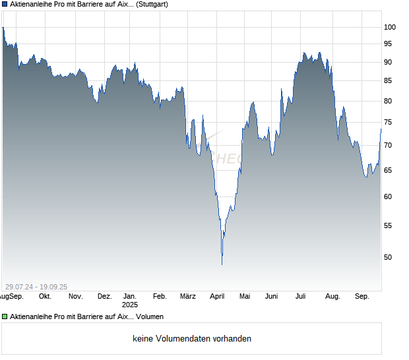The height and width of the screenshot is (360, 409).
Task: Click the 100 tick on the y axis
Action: (389, 27)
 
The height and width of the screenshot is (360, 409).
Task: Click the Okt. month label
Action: (46, 297)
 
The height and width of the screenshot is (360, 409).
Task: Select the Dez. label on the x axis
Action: (104, 297)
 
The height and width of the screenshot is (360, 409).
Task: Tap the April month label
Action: (217, 297)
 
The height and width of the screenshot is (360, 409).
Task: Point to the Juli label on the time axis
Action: (301, 297)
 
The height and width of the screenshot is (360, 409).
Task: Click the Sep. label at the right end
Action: (362, 297)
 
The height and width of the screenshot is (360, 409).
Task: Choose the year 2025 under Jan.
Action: (130, 305)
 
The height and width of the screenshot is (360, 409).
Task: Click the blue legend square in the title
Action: (4, 5)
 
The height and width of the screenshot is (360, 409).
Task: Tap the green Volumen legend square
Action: (4, 317)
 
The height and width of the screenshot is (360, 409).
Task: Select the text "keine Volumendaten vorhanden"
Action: (192, 339)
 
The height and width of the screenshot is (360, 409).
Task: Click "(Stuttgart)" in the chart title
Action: (146, 5)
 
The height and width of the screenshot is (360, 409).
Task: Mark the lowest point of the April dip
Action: (222, 264)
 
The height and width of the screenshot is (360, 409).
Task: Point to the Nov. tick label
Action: (75, 297)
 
